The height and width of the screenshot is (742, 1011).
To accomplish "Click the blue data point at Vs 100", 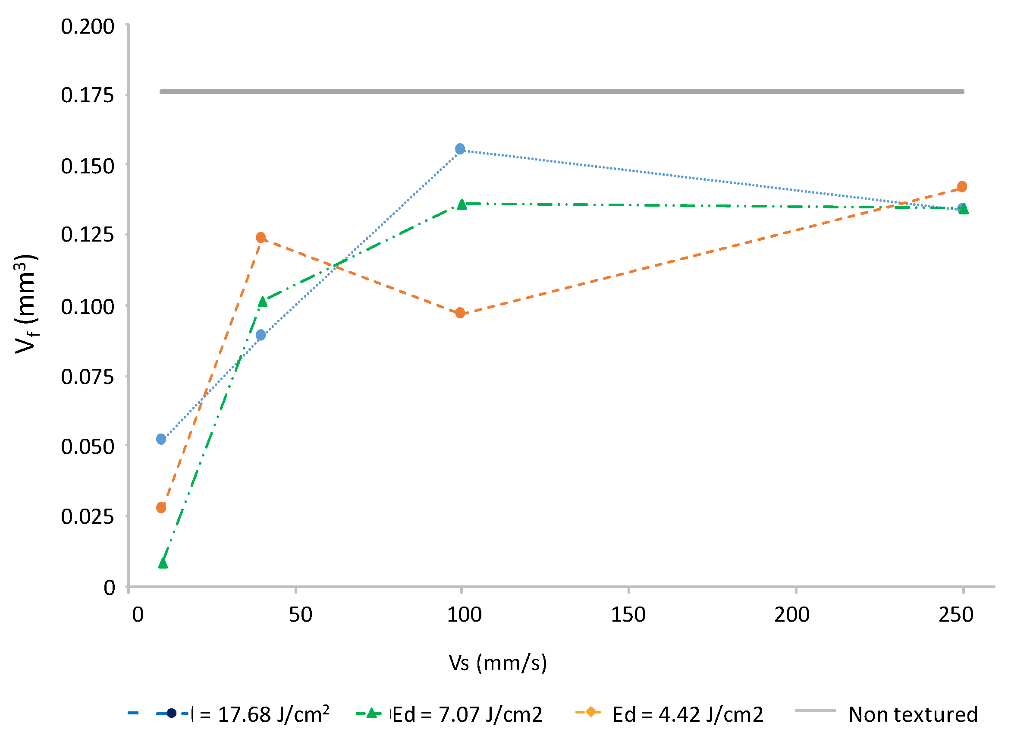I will click(x=460, y=149).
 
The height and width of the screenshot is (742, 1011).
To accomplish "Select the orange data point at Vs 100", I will click(x=460, y=313).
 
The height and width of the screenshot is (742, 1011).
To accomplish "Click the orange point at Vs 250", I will click(x=962, y=186).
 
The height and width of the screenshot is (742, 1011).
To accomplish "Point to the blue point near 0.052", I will click(x=161, y=439).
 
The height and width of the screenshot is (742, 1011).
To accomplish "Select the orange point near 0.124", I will click(x=261, y=237).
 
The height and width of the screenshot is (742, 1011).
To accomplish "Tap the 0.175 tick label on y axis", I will click(x=88, y=96).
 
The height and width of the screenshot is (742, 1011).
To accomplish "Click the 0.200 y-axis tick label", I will click(x=88, y=27).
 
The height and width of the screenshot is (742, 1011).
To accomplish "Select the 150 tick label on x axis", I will click(x=628, y=615).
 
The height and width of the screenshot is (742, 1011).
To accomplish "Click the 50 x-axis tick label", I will click(x=300, y=615).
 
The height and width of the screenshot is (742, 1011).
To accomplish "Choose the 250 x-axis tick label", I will click(x=956, y=615).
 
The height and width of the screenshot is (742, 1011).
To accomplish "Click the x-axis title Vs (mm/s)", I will click(x=498, y=663).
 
